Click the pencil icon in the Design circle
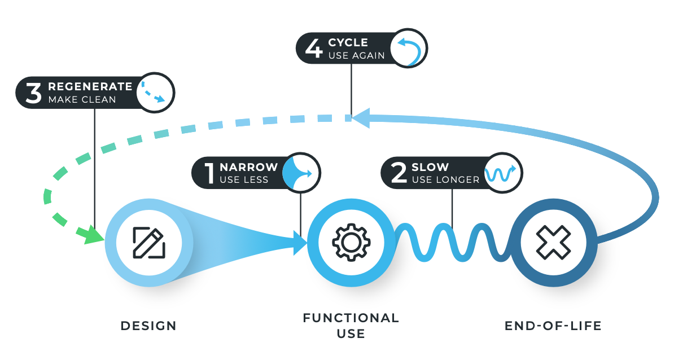pos(149,243)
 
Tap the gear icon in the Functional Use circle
pos(351,243)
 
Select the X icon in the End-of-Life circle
pos(554,243)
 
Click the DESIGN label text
pos(148,326)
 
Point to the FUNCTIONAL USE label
pos(351,326)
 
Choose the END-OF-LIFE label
pos(553,326)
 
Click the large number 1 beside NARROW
pos(208,173)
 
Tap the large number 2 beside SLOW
pos(399,173)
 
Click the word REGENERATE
pos(90,87)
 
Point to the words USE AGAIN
pos(356,55)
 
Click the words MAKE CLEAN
pos(82,100)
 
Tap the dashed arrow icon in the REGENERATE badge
pos(154,93)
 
